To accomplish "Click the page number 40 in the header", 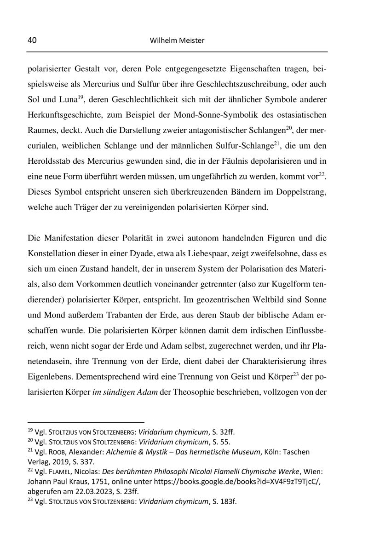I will coord(32,40).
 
